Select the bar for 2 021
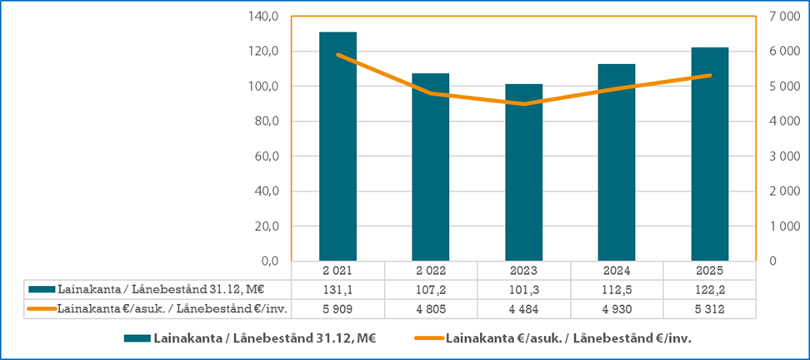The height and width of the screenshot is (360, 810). click(x=337, y=147)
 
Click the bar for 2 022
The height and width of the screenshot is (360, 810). click(x=431, y=167)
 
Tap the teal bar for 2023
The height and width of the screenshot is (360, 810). click(x=524, y=172)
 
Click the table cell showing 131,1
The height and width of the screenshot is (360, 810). click(x=337, y=289)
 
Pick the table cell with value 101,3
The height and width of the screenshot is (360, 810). click(x=524, y=289)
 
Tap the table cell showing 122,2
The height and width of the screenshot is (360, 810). click(x=710, y=289)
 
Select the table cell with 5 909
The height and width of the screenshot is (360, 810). click(x=337, y=308)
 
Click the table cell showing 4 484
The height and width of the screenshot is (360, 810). click(x=524, y=308)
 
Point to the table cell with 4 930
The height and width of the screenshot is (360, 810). click(x=617, y=308)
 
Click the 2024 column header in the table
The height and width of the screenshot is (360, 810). click(x=617, y=271)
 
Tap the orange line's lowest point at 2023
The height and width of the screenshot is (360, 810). click(x=524, y=104)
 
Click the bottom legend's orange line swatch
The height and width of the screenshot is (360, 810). click(x=427, y=339)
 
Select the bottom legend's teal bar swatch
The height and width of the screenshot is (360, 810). click(x=136, y=339)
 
